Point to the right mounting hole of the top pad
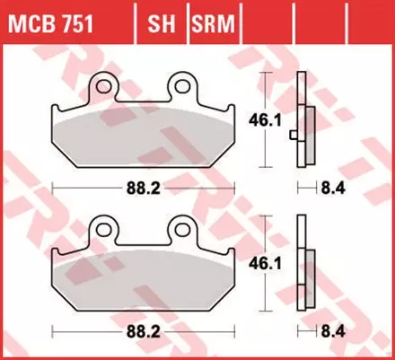click(186, 86)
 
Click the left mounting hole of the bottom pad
click(101, 229)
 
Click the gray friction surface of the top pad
click(144, 135)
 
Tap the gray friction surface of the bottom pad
click(144, 278)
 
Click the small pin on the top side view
click(294, 135)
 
